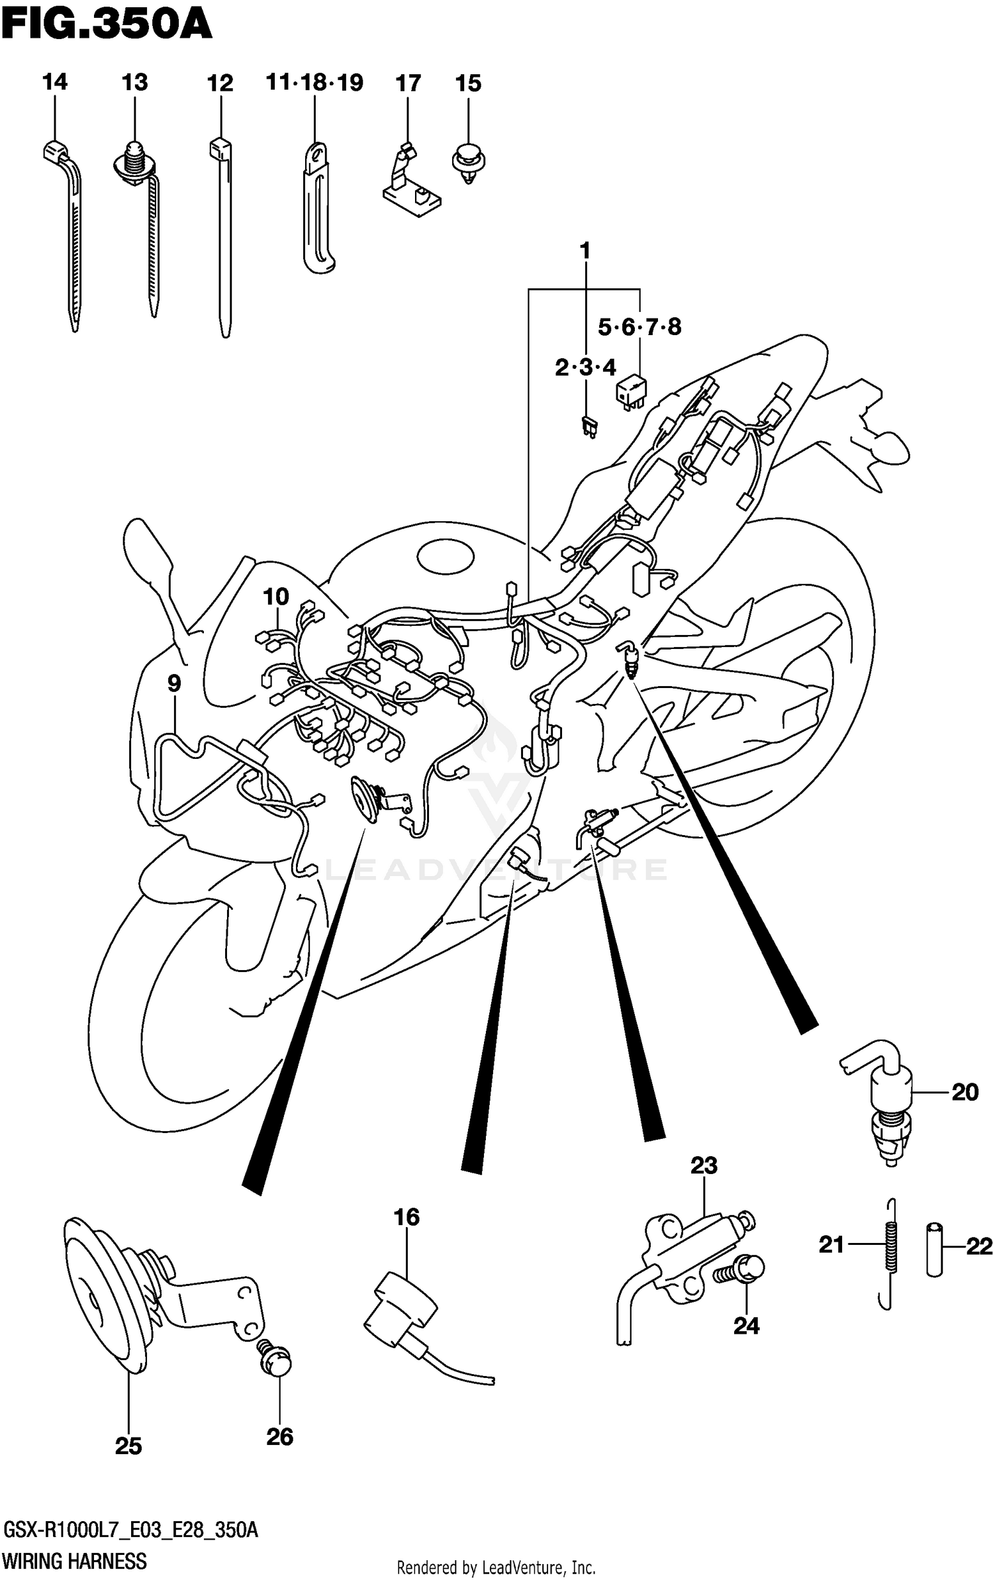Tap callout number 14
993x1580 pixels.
[x=54, y=83]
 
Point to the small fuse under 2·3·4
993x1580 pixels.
[x=587, y=426]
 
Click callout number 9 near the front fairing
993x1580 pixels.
[x=173, y=683]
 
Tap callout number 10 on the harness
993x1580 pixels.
[x=276, y=597]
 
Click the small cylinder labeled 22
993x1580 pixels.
[x=934, y=1249]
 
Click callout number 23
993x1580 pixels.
[x=704, y=1165]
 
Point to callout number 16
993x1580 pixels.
[x=406, y=1216]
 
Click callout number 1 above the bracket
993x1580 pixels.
[x=585, y=251]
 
